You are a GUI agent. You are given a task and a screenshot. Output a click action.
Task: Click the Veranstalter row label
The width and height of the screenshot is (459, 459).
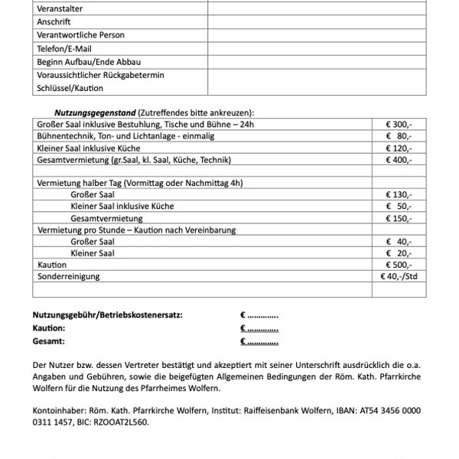[x=60, y=8]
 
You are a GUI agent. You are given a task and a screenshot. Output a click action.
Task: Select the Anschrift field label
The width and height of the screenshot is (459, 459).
[x=54, y=21]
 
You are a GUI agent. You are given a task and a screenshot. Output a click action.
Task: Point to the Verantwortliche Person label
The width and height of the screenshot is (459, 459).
[x=80, y=35]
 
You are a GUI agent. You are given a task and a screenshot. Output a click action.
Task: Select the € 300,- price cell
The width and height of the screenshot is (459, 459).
[x=399, y=124]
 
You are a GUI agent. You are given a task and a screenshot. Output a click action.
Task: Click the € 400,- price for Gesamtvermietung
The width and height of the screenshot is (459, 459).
[x=399, y=161]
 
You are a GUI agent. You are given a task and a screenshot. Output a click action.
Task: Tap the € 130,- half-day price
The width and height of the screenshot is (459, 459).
[x=399, y=194]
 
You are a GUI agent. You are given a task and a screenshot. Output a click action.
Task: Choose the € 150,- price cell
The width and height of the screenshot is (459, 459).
[x=399, y=218]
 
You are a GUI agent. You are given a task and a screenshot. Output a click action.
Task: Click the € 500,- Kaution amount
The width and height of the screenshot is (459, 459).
[x=399, y=264]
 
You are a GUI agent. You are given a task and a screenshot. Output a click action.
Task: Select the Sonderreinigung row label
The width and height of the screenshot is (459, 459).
[x=68, y=276]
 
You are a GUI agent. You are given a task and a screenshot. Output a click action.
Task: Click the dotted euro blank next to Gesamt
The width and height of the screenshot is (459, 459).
[x=259, y=341]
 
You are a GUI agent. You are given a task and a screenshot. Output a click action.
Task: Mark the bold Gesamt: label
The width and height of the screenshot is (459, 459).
[x=49, y=341]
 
